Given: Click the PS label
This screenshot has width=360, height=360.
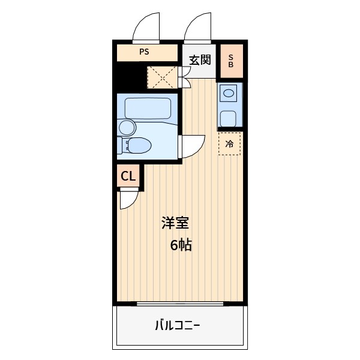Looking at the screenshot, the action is click(x=144, y=52).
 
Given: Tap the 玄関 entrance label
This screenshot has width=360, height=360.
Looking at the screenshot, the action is click(x=200, y=60).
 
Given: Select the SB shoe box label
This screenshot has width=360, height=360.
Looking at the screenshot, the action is click(x=231, y=61).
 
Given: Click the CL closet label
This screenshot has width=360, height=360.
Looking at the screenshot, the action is click(x=128, y=176).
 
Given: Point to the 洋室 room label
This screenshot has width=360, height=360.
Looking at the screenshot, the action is click(x=175, y=223).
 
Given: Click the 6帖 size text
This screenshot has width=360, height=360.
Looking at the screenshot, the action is click(x=181, y=245).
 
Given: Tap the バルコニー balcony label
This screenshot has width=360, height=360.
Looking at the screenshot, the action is click(x=178, y=325).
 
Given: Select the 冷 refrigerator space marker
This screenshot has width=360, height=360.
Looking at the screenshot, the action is click(x=229, y=144).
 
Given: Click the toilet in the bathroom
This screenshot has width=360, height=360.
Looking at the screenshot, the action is click(x=134, y=145).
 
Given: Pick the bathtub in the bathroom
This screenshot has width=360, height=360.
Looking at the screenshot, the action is click(x=148, y=109).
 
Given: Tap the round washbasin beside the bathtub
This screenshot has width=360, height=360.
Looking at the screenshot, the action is click(x=127, y=128).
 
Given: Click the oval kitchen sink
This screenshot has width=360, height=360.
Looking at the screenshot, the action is click(x=229, y=93).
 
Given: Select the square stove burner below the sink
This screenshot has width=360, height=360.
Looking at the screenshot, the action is click(x=228, y=118).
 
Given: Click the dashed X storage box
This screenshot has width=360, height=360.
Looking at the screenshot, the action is click(x=163, y=77).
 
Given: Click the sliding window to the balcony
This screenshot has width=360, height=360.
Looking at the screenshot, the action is click(x=180, y=304).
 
